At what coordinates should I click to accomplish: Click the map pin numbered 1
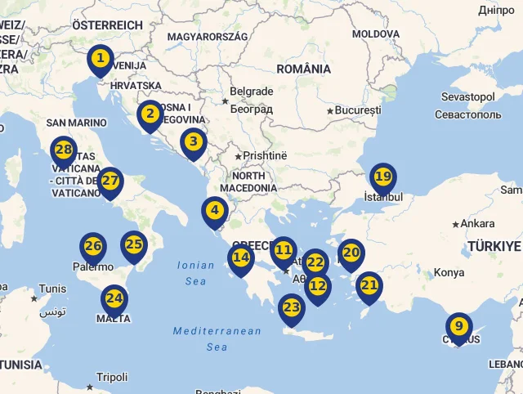[100, 59]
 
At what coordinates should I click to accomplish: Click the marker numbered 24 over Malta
[114, 299]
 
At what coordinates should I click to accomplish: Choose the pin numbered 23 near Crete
[292, 309]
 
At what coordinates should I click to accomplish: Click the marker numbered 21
[369, 286]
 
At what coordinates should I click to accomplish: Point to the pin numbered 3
[194, 142]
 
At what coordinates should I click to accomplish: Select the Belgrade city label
[251, 92]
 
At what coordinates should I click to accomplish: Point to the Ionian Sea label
[195, 272]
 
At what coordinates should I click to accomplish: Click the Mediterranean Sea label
[217, 338]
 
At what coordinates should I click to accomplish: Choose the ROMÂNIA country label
[303, 69]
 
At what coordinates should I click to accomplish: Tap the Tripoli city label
[111, 378]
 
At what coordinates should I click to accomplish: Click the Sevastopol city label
[467, 97]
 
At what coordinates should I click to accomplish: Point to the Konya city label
[449, 273]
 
